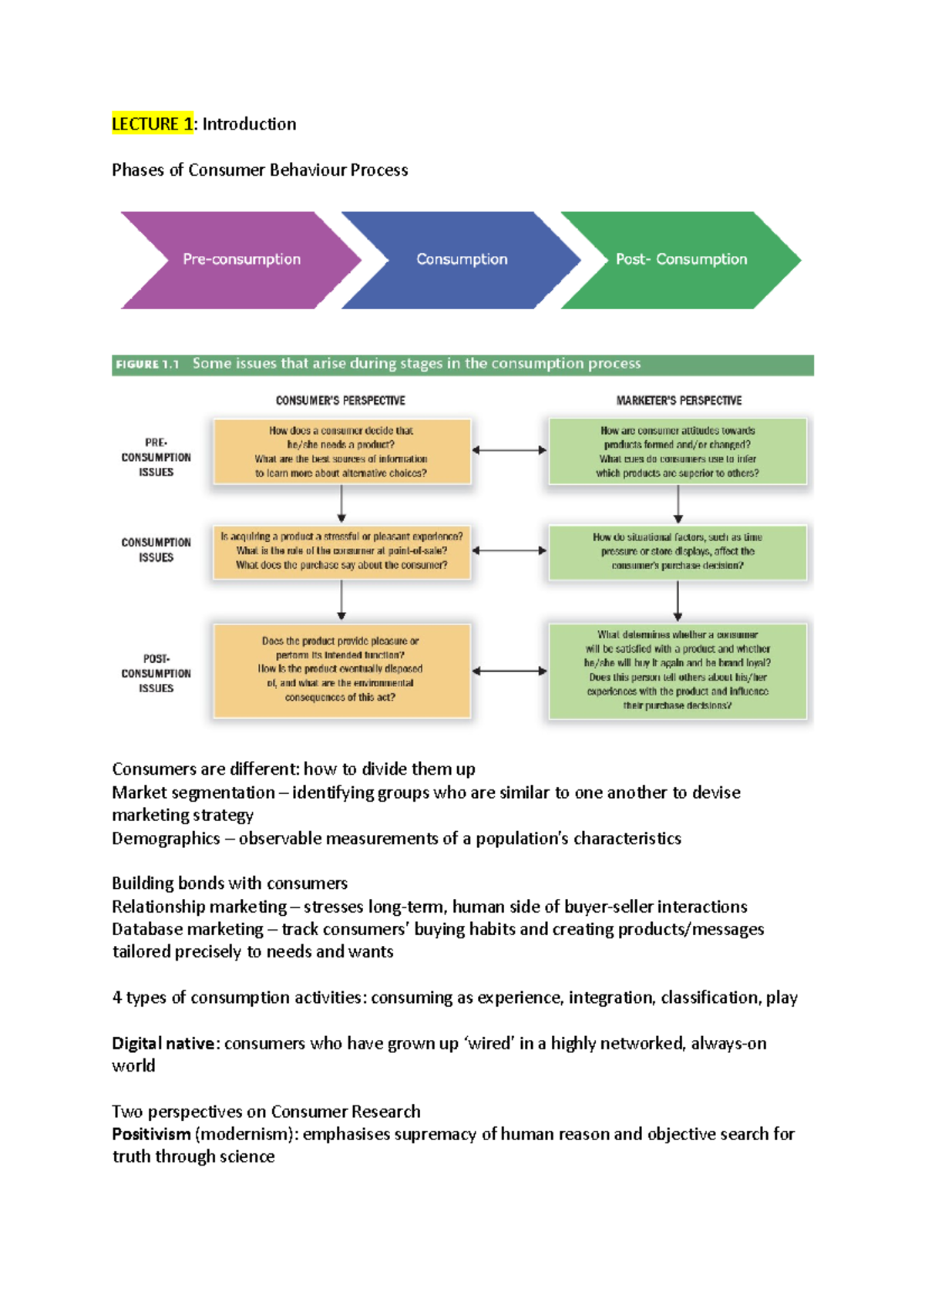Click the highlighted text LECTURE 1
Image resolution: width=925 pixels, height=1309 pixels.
(x=152, y=124)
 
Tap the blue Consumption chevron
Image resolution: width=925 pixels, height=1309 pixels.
(x=461, y=260)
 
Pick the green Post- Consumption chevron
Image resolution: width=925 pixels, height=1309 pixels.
(x=681, y=260)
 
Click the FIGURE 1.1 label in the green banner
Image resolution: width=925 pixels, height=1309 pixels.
(x=147, y=364)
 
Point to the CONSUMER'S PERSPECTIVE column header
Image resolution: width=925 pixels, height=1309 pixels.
(x=340, y=401)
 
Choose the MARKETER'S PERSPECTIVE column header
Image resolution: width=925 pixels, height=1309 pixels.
(x=678, y=401)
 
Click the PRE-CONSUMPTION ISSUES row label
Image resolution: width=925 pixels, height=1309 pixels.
(x=156, y=457)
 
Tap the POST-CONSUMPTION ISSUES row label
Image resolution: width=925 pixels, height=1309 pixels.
(x=156, y=673)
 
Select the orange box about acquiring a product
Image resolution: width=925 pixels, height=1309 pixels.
(x=341, y=551)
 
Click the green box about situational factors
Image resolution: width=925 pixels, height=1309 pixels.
(x=678, y=552)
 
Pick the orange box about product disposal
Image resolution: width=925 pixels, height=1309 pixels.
(x=341, y=670)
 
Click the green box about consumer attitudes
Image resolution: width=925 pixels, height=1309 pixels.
(x=678, y=452)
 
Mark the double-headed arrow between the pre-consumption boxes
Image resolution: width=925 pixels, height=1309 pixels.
(x=510, y=450)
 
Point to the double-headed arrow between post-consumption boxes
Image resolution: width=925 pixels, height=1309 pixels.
(x=510, y=671)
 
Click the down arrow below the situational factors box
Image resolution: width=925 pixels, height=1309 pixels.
(x=678, y=601)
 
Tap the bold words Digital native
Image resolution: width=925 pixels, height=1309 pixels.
(x=163, y=1044)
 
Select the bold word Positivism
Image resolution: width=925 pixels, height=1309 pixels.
(x=151, y=1134)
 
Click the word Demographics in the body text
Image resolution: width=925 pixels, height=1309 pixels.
(x=166, y=839)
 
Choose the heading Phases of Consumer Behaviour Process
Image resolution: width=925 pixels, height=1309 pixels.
(x=260, y=170)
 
